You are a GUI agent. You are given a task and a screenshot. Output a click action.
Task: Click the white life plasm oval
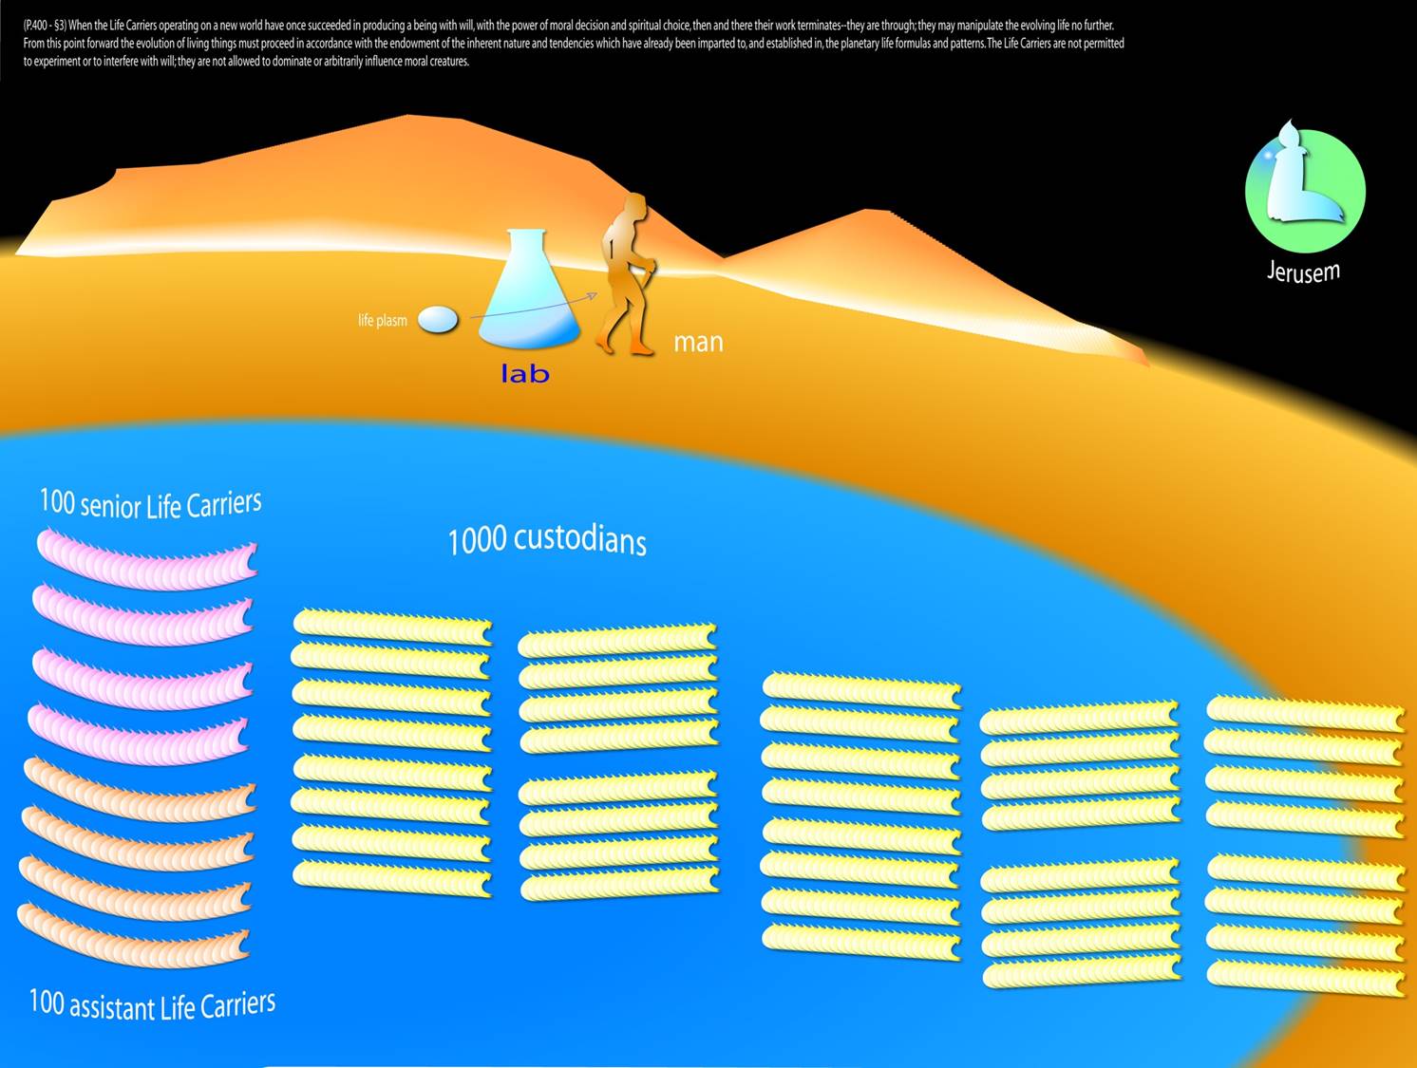(438, 319)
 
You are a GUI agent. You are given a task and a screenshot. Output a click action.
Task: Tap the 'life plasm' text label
(382, 321)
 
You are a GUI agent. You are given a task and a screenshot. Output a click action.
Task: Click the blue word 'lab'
(525, 374)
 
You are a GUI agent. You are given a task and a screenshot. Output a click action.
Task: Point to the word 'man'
(698, 342)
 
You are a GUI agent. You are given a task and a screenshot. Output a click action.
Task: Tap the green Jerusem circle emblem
(1305, 191)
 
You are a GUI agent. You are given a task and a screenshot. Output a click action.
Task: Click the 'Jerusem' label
(1303, 272)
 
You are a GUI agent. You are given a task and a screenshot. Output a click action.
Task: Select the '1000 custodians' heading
(547, 539)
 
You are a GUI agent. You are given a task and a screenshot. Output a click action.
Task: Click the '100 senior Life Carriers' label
(150, 503)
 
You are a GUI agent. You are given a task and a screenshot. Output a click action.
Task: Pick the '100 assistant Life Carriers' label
(152, 1004)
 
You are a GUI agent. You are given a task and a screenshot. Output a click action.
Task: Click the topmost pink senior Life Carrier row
(146, 561)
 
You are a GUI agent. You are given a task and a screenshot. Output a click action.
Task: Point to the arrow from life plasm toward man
(532, 307)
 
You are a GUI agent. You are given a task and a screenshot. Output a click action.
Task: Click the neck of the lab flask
(528, 247)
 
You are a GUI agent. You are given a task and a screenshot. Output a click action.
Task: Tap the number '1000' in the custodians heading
(477, 541)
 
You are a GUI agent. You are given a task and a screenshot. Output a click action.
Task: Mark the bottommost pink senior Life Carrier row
(140, 737)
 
